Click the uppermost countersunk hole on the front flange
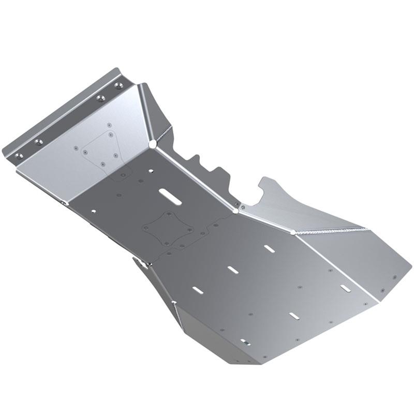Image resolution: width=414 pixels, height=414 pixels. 119,84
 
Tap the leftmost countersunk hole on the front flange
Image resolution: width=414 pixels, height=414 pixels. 19,155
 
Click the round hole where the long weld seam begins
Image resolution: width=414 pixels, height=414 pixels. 293,232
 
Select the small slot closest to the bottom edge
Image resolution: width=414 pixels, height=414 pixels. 245,342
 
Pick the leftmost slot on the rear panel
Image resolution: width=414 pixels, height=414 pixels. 197,290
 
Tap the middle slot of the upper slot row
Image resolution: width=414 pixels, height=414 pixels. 232,270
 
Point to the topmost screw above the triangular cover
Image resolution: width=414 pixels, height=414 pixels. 109,125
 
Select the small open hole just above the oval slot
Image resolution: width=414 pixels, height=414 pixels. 150,170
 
